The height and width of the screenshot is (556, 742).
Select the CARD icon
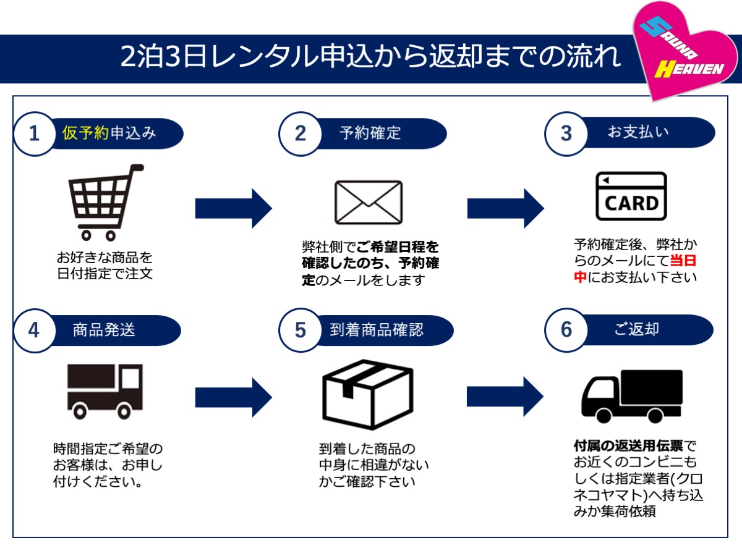point(631,196)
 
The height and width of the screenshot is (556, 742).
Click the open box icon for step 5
point(368,394)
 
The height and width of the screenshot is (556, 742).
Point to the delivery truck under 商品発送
point(104,392)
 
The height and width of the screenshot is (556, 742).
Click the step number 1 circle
point(35,133)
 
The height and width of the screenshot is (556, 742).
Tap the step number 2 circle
point(300,133)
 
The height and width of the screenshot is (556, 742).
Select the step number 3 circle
point(566,133)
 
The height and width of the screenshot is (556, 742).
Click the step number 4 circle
point(35,331)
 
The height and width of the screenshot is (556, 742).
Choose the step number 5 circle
point(300,331)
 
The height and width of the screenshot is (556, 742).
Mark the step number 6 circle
point(566,330)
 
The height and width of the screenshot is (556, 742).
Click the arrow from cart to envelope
point(234,208)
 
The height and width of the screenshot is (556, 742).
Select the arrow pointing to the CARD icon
point(506,208)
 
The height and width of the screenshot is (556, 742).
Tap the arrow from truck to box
point(234,397)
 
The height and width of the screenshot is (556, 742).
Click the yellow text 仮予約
point(85,133)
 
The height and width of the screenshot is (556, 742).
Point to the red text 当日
point(683,261)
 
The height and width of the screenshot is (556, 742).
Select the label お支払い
point(638,132)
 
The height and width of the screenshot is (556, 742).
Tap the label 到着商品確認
point(377,330)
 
